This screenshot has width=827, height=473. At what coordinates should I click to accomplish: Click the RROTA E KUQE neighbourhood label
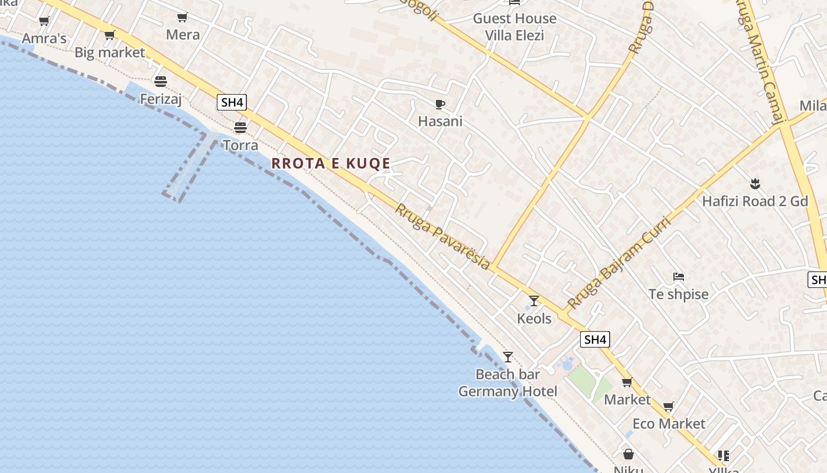(331, 164)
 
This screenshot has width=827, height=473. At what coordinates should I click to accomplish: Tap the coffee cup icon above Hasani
(439, 105)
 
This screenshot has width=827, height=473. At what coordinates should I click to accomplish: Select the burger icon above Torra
(240, 127)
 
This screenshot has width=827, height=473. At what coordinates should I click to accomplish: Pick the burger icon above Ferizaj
(160, 81)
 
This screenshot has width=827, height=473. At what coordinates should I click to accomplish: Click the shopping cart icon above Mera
(183, 18)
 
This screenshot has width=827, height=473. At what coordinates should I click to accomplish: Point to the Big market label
(110, 53)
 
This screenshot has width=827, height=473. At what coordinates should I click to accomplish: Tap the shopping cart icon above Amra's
(44, 22)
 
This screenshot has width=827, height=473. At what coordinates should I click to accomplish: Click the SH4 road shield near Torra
(232, 102)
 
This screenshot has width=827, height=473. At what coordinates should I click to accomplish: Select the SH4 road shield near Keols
(594, 339)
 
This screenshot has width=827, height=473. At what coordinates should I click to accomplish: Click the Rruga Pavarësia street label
(442, 237)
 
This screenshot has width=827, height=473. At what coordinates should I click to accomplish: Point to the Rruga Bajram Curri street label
(619, 263)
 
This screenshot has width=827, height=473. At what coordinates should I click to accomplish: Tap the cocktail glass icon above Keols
(534, 301)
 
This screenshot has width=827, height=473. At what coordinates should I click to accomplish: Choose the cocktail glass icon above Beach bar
(507, 357)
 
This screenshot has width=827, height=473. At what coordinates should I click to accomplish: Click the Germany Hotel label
(507, 391)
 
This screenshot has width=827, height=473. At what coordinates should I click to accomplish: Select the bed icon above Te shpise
(678, 276)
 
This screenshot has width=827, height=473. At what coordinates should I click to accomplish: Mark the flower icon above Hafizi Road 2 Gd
(754, 183)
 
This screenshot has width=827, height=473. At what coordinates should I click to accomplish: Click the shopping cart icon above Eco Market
(668, 407)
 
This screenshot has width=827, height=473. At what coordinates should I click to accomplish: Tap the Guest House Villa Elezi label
(515, 27)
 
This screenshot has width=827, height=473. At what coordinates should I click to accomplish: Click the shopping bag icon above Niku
(629, 454)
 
